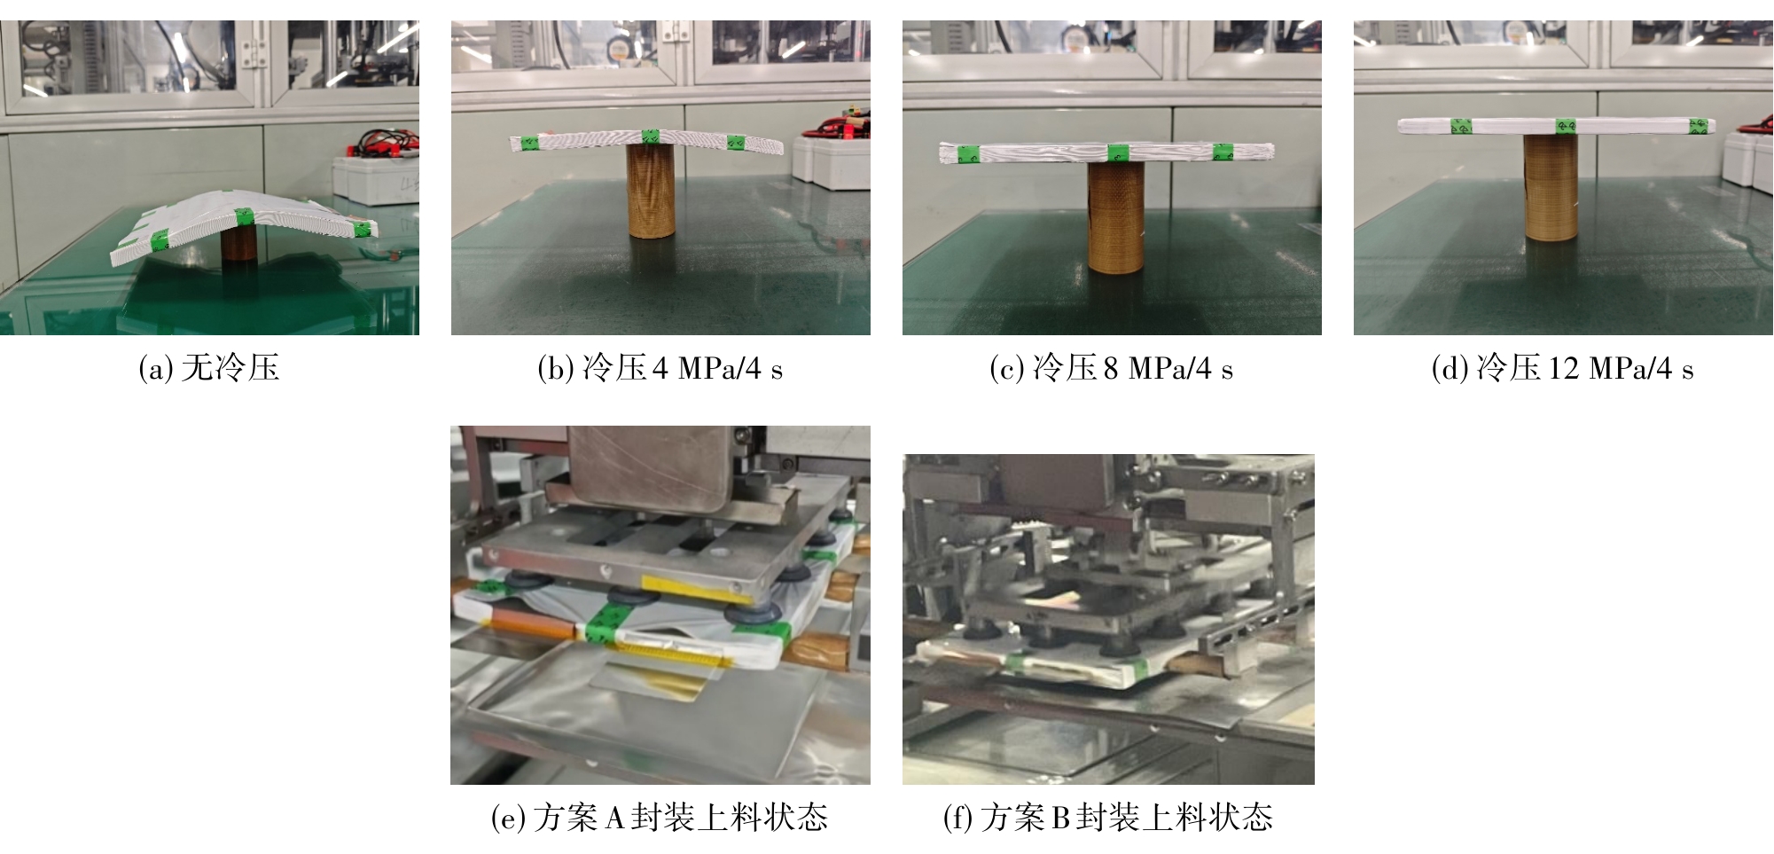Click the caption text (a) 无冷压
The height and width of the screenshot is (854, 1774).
(209, 367)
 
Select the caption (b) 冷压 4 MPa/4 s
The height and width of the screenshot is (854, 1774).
(660, 367)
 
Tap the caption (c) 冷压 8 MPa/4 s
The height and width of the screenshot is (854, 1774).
(1112, 367)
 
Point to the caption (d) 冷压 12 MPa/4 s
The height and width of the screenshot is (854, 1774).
(1563, 367)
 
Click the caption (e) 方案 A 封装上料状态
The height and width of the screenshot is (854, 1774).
(660, 817)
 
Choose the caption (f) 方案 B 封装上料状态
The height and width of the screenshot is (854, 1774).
(1108, 817)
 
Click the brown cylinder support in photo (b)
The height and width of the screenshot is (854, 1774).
(652, 191)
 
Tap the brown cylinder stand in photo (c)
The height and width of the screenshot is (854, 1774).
(1115, 211)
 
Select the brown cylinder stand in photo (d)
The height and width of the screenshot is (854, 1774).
(1551, 187)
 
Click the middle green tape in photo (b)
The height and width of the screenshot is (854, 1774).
(651, 137)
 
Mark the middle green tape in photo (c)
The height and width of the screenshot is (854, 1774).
(1117, 153)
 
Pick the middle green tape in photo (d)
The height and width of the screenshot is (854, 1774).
(1566, 126)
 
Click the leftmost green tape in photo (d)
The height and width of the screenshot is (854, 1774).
(1461, 127)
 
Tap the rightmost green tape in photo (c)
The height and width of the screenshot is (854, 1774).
(1223, 152)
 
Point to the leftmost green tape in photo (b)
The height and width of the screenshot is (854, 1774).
(530, 143)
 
